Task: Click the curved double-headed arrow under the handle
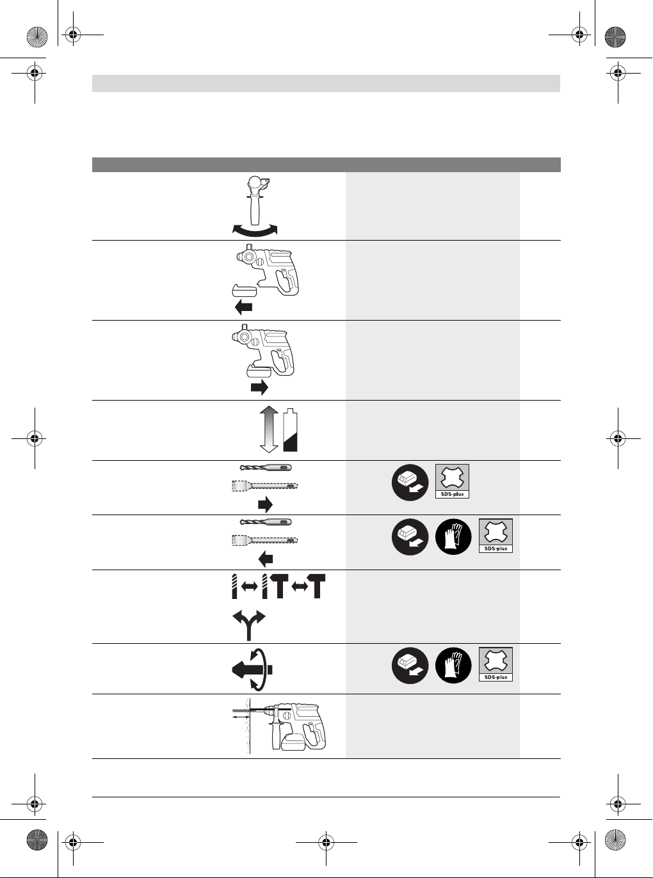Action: coord(255,231)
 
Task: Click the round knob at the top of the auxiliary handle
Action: coord(254,183)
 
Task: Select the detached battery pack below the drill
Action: coord(244,290)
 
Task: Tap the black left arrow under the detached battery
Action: coord(243,307)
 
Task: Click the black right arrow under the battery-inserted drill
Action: coord(259,388)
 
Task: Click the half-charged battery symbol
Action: coord(290,430)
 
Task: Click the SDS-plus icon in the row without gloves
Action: coord(452,481)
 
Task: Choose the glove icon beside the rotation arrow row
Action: coord(453,666)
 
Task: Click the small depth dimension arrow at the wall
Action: coord(241,717)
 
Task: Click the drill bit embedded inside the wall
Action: coord(239,710)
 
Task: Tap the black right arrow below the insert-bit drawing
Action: coord(265,505)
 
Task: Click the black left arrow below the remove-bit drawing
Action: coord(266,559)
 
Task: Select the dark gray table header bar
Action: coord(326,164)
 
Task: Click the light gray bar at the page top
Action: coord(326,84)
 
